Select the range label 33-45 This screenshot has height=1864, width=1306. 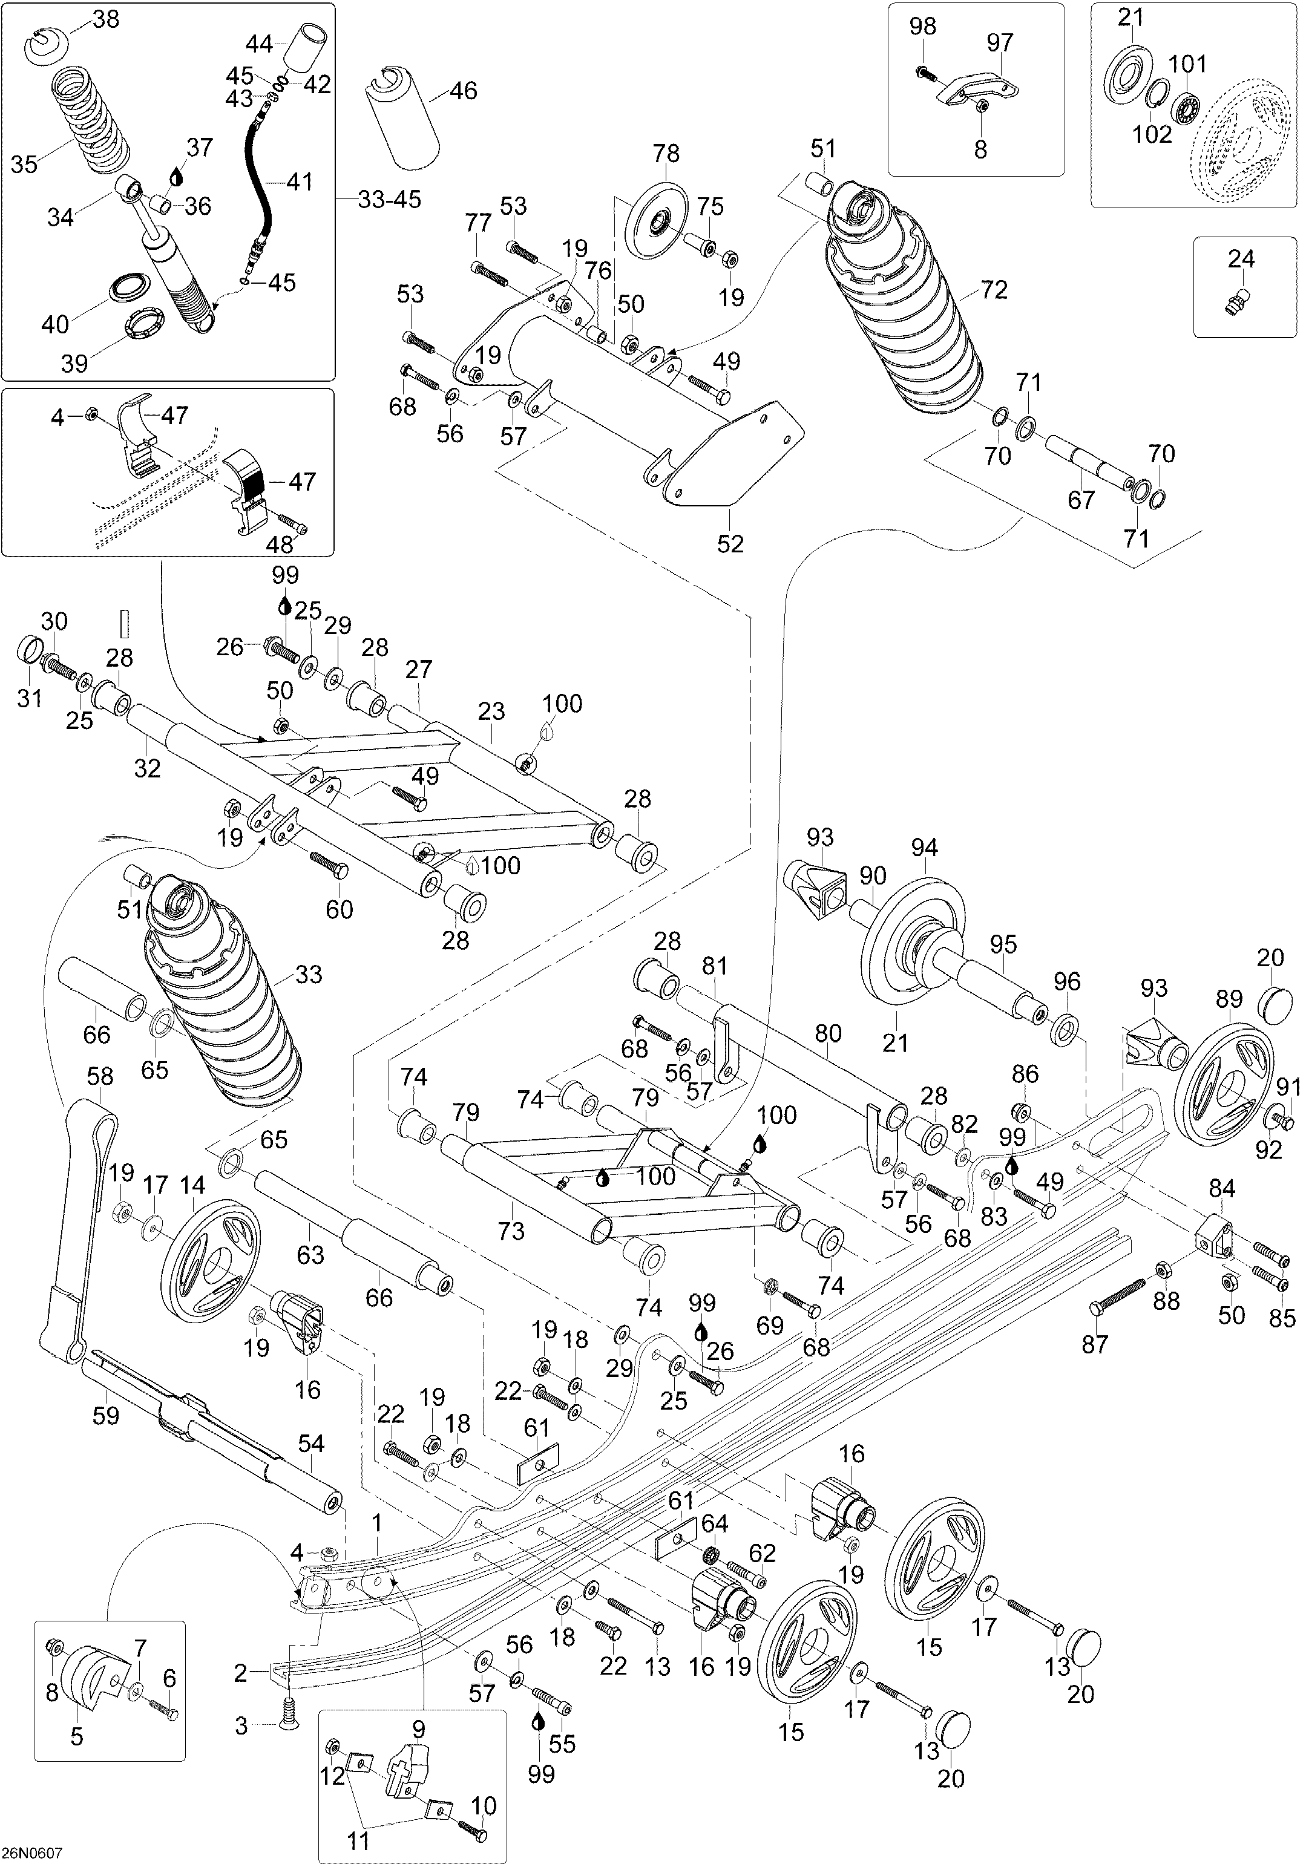click(389, 199)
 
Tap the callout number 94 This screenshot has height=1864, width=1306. click(924, 848)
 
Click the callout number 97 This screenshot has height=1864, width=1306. click(1000, 42)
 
